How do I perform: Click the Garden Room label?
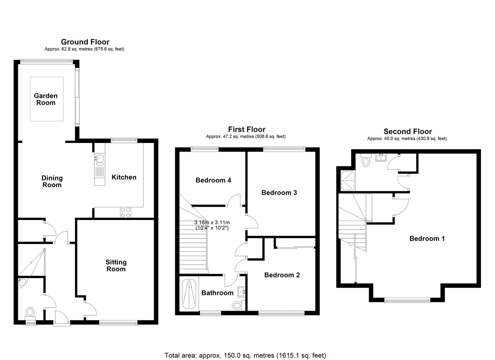click(x=46, y=99)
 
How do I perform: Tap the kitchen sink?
click(x=99, y=159)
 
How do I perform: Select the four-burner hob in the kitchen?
click(x=125, y=212)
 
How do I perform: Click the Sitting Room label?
click(x=116, y=266)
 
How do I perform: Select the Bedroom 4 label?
click(x=213, y=180)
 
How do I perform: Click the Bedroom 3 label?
click(x=279, y=193)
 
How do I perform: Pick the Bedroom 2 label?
click(x=282, y=275)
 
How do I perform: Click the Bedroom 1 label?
click(x=427, y=239)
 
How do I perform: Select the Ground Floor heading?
click(x=85, y=42)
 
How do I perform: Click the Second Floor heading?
click(x=407, y=131)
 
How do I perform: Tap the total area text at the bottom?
click(x=245, y=355)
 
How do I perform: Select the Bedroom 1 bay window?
click(x=407, y=301)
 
